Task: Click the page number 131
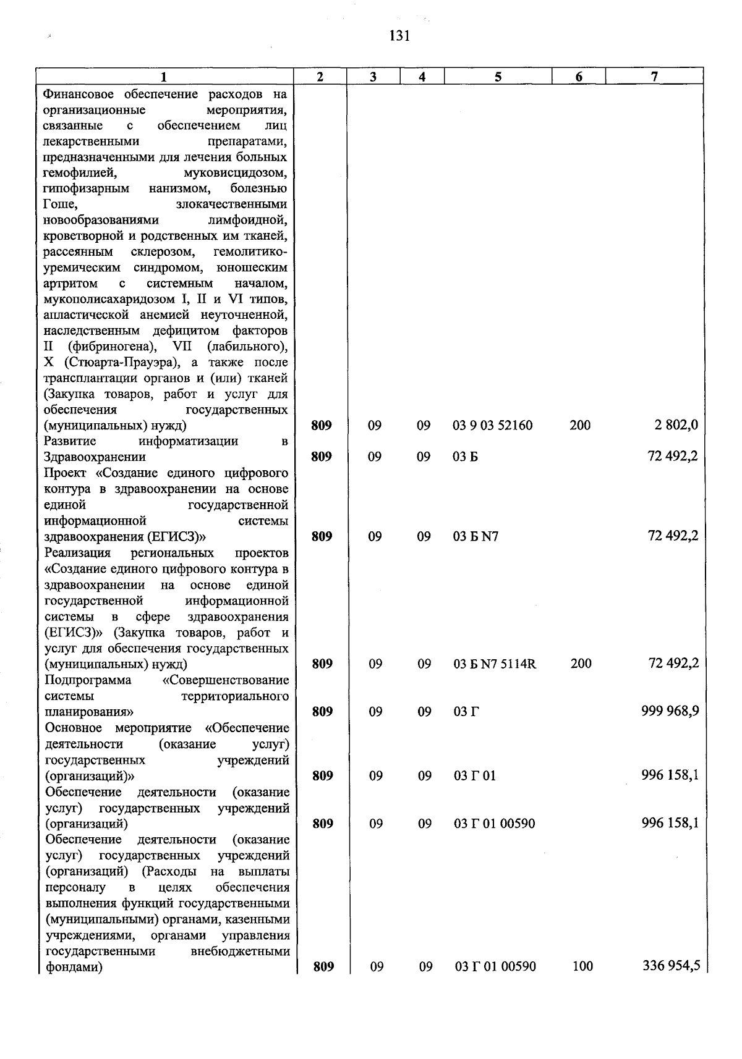(400, 36)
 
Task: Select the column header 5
(498, 77)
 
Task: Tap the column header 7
(654, 76)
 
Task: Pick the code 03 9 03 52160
(493, 426)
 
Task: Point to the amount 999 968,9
(670, 711)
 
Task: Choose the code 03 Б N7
(475, 536)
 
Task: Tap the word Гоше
(60, 204)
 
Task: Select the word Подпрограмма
(88, 680)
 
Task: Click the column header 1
(164, 77)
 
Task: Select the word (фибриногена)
(112, 347)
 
